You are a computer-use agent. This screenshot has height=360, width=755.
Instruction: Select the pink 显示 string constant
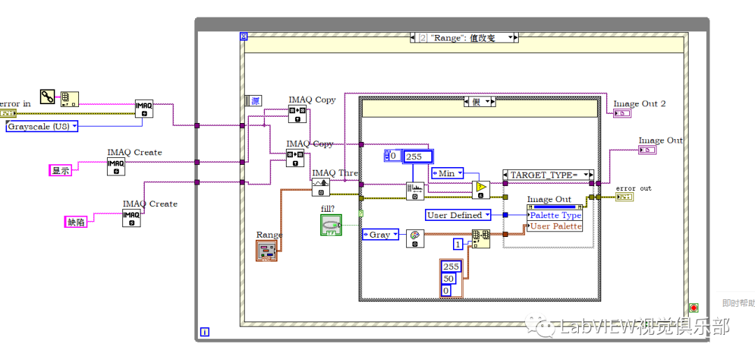pyautogui.click(x=61, y=170)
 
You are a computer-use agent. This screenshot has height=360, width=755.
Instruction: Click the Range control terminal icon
pyautogui.click(x=266, y=251)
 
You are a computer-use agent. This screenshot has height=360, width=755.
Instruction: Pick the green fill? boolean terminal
pyautogui.click(x=331, y=225)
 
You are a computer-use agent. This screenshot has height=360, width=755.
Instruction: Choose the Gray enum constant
pyautogui.click(x=380, y=235)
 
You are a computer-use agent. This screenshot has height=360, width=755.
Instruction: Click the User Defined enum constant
pyautogui.click(x=459, y=215)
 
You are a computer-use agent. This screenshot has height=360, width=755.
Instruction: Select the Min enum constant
pyautogui.click(x=447, y=173)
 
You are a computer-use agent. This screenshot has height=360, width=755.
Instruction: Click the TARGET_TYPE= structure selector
pyautogui.click(x=547, y=175)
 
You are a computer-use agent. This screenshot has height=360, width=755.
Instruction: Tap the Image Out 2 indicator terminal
pyautogui.click(x=621, y=113)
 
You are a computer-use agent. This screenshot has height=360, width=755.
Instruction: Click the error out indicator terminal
pyautogui.click(x=624, y=197)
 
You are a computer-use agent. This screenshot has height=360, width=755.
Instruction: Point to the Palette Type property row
pyautogui.click(x=555, y=215)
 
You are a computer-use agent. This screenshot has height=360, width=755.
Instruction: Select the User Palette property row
pyautogui.click(x=555, y=226)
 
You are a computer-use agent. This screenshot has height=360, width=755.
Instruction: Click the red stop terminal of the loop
pyautogui.click(x=693, y=308)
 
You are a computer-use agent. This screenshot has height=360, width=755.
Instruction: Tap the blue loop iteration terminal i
pyautogui.click(x=204, y=331)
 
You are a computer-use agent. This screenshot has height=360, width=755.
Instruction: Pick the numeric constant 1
pyautogui.click(x=458, y=244)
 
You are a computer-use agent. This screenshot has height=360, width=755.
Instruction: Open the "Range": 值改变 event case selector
pyautogui.click(x=464, y=38)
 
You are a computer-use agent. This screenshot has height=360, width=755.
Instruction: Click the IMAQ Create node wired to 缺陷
pyautogui.click(x=131, y=218)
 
